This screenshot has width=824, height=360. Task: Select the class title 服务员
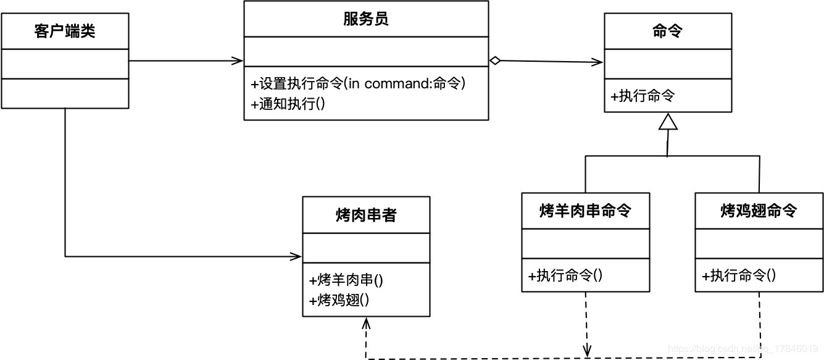(365, 19)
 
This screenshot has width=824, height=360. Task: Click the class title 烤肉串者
(366, 216)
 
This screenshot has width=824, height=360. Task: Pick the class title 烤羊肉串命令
(585, 211)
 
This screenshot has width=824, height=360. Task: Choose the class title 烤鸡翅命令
(759, 211)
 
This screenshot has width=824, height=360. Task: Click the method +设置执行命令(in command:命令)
(358, 83)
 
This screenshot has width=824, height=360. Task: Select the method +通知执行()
(288, 104)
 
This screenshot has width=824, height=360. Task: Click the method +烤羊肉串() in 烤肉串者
(346, 280)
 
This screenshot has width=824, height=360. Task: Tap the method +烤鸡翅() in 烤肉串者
(339, 300)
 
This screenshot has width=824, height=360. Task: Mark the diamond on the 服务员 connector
(494, 60)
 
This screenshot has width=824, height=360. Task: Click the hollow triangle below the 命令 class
(668, 122)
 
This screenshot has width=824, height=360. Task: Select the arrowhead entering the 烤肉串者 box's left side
(297, 256)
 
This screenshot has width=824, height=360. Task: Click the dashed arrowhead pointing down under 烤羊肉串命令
(587, 350)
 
